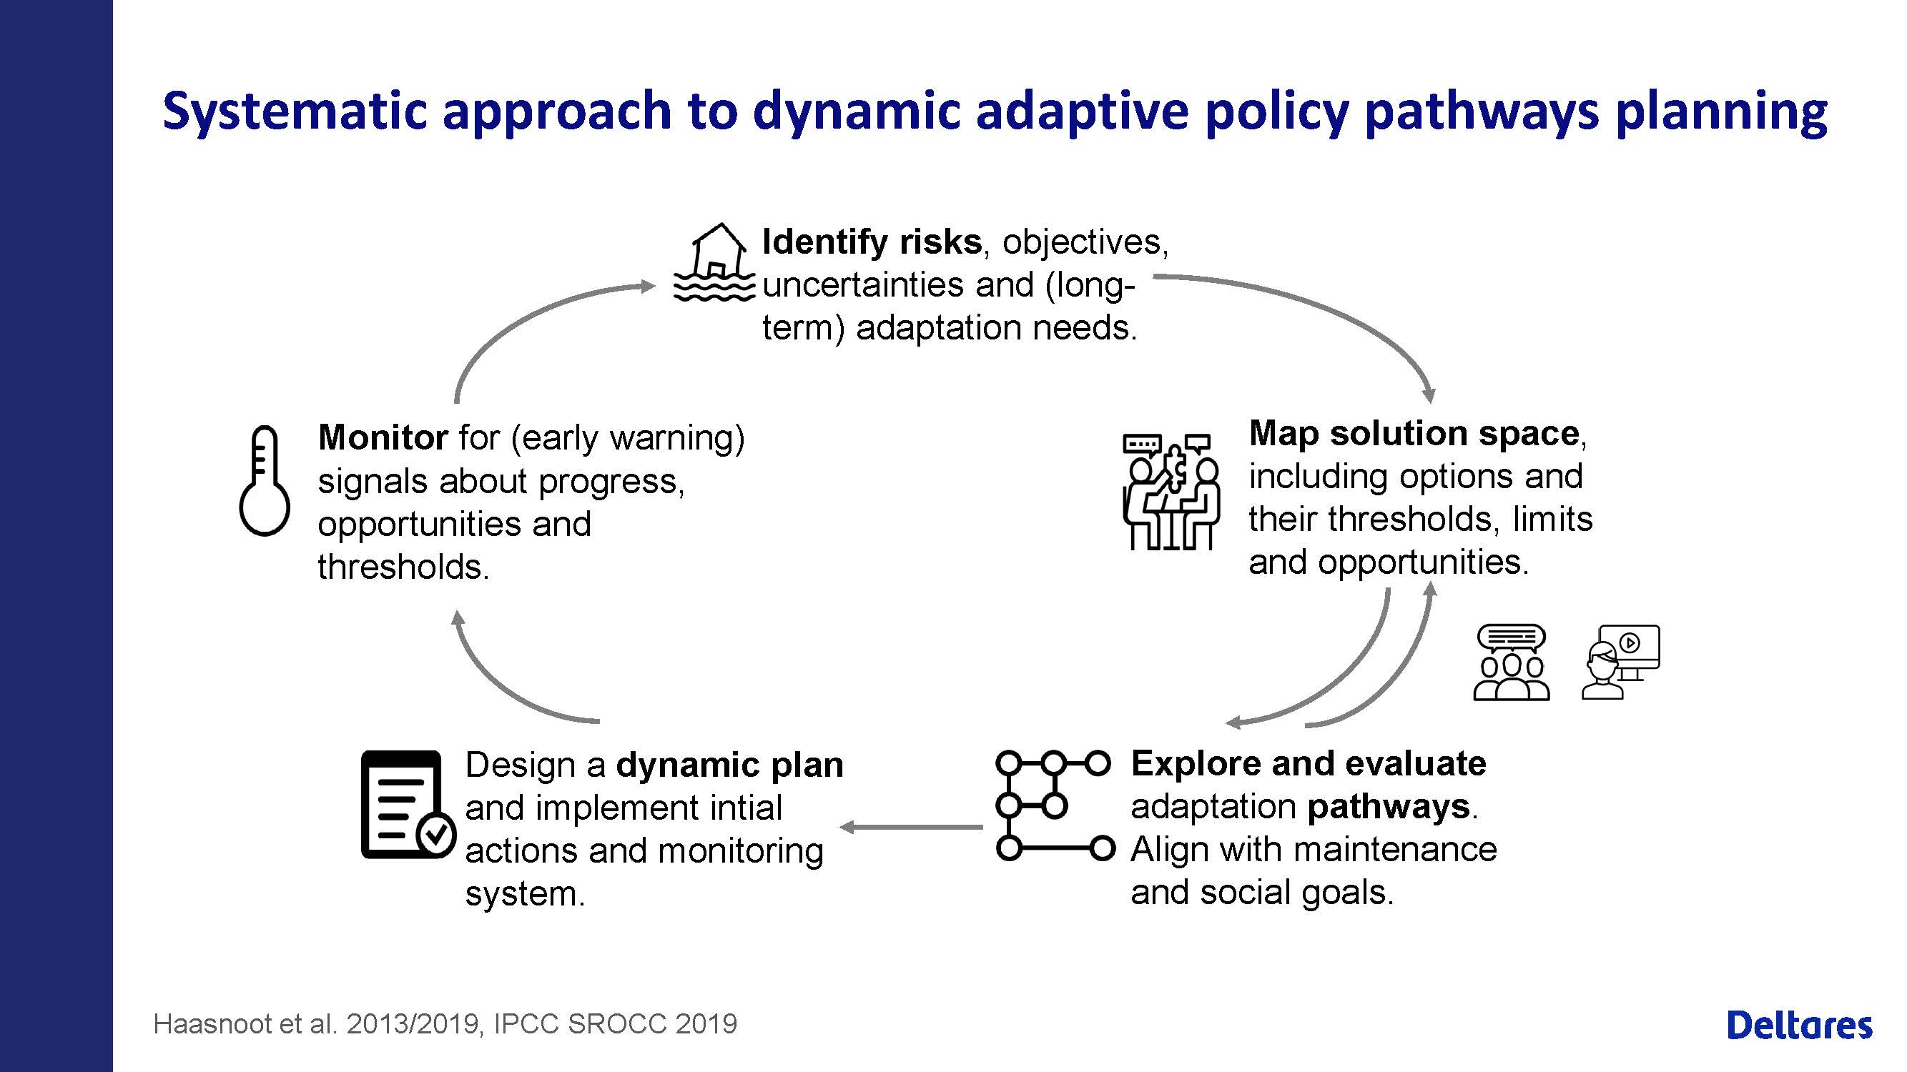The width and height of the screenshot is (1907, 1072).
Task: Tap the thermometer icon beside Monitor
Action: [x=265, y=480]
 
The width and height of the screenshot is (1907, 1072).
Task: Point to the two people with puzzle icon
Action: [x=1171, y=491]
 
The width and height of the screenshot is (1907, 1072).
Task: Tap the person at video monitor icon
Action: [x=1620, y=661]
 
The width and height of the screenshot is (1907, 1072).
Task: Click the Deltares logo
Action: [x=1800, y=1025]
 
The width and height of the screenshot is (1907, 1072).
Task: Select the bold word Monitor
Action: [x=383, y=437]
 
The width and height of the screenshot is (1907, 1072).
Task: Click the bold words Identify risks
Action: [x=872, y=242]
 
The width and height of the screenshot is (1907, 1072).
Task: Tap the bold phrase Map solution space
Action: [x=1414, y=433]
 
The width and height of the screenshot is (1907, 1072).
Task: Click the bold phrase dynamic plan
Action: [x=730, y=764]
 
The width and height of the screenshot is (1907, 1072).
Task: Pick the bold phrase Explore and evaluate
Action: [x=1308, y=763]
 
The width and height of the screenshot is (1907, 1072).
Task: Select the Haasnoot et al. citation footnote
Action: [x=445, y=1023]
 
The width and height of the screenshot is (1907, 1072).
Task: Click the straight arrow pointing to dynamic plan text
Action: [x=911, y=826]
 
